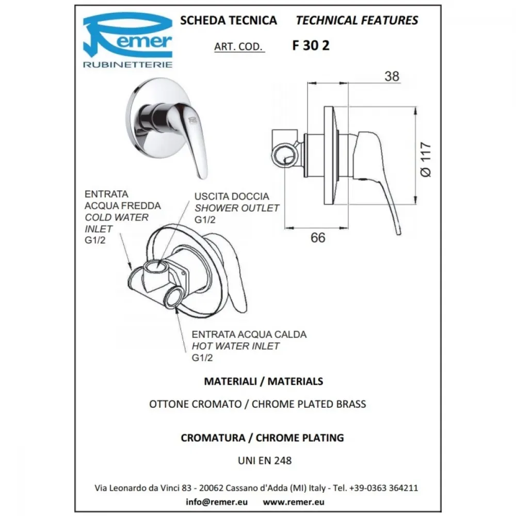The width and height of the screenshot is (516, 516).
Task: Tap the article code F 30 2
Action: [311, 45]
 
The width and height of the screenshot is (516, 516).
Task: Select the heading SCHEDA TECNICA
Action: [229, 21]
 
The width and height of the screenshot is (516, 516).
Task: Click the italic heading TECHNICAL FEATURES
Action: [357, 21]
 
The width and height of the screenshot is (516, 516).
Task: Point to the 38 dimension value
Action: [392, 76]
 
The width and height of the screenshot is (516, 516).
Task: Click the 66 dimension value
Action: [317, 237]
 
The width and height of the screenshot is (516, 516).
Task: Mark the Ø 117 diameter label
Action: [426, 159]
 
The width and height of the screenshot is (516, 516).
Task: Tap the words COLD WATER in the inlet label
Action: [117, 217]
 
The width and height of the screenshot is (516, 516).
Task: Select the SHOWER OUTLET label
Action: [237, 208]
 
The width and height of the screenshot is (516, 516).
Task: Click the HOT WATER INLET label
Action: [236, 346]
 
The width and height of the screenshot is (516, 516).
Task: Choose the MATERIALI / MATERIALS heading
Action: [264, 381]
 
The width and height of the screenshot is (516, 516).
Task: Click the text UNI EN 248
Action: [265, 460]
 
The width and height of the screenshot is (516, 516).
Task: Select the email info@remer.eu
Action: [217, 502]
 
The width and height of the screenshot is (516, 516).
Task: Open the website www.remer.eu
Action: [294, 502]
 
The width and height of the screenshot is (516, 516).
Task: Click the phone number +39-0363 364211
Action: [383, 488]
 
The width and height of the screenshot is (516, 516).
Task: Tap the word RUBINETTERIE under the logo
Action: [127, 64]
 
